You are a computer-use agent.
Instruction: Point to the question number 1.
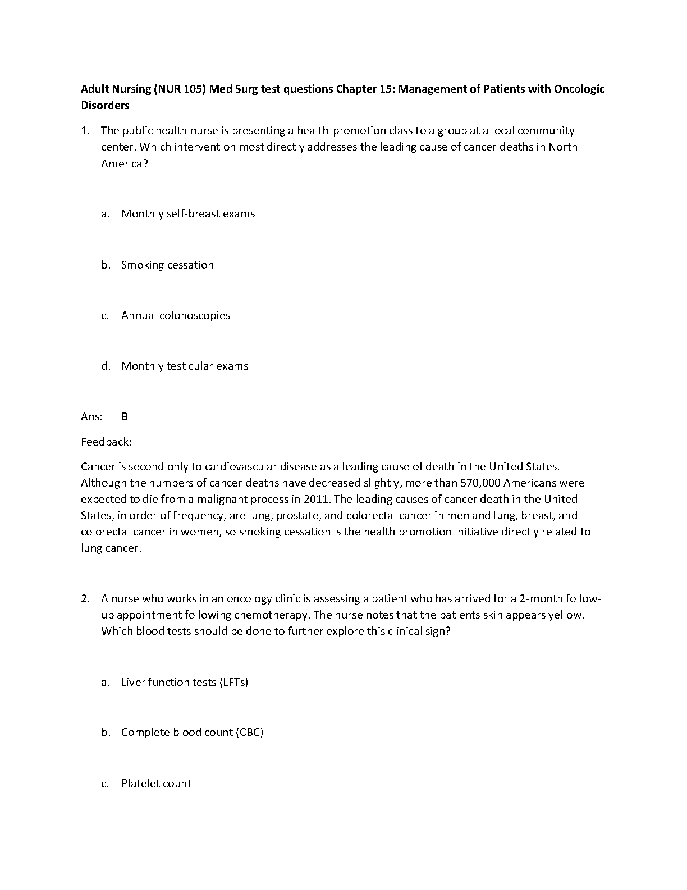click(x=85, y=131)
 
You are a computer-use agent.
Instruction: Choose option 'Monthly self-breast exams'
click(x=188, y=214)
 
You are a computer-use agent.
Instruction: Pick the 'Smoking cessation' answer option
click(x=167, y=265)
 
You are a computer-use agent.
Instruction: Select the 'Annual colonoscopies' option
click(x=176, y=315)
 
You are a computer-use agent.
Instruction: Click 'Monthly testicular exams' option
click(x=185, y=366)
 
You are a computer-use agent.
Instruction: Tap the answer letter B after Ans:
click(x=125, y=416)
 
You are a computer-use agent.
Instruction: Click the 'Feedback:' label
click(x=106, y=442)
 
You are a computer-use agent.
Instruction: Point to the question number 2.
click(x=85, y=598)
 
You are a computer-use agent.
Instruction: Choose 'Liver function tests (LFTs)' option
click(x=185, y=682)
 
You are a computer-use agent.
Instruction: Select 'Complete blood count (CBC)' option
click(x=192, y=733)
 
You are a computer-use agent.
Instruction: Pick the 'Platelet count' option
click(x=156, y=783)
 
